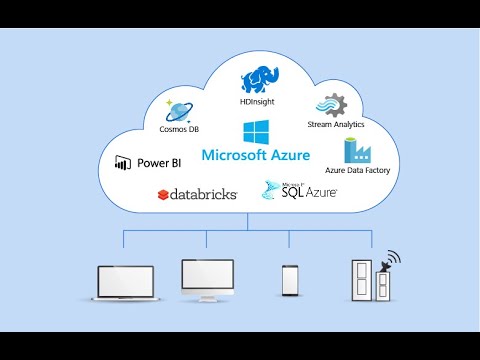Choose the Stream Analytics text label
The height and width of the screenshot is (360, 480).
[x=334, y=125]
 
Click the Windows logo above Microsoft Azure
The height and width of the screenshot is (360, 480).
[x=254, y=133]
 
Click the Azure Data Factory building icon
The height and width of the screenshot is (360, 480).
[x=358, y=151]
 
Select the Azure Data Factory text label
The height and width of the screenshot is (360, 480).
[x=357, y=171]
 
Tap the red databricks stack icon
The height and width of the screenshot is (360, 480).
[x=162, y=194]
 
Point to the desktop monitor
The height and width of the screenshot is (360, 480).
[x=207, y=279]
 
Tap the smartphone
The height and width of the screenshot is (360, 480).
[x=290, y=280]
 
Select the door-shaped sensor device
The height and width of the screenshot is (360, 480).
[x=362, y=282]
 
